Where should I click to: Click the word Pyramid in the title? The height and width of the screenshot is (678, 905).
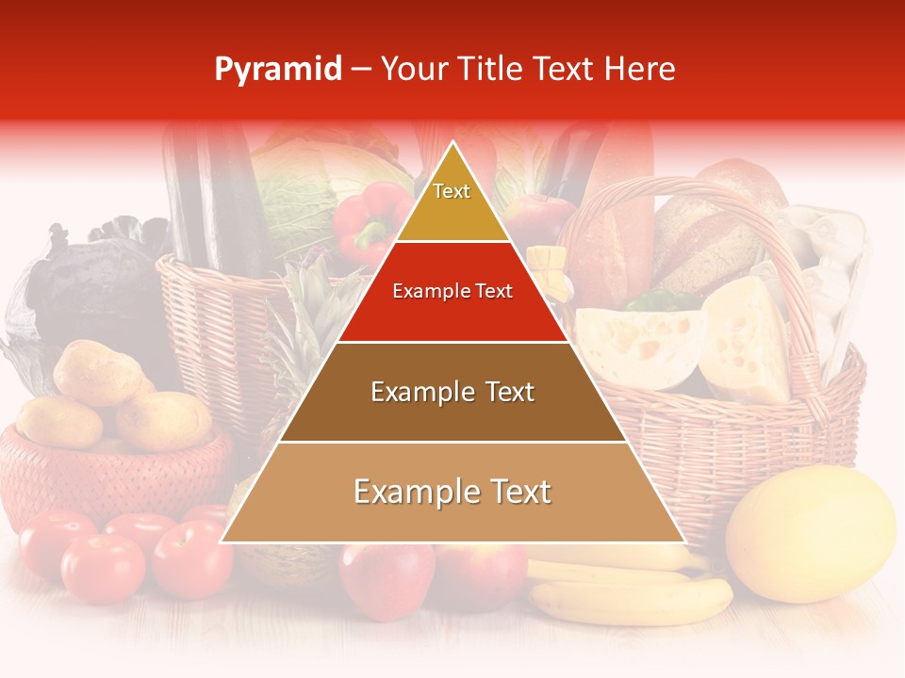coord(278,70)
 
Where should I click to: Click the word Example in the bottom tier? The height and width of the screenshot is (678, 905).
coord(414,492)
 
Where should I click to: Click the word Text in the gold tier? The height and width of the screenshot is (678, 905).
coord(452,191)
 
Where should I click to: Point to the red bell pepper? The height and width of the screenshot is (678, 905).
coord(368,222)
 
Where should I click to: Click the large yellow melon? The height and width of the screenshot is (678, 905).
coord(811,533)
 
